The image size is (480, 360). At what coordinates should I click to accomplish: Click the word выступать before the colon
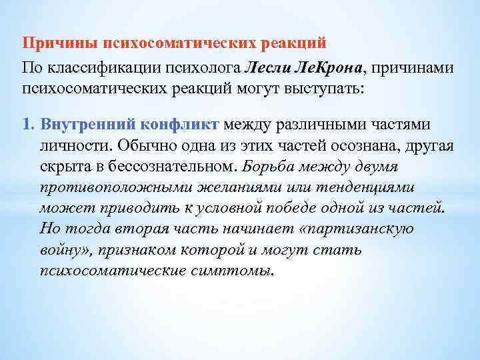coord(325,88)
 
